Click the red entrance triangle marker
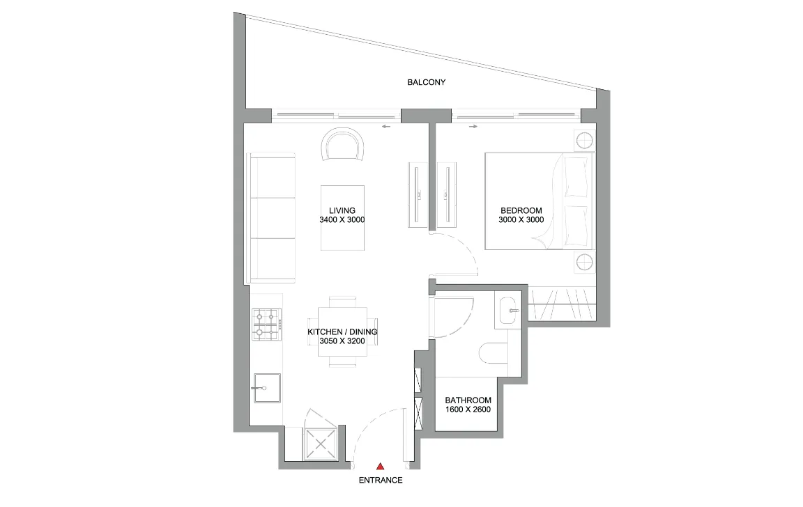[380, 466]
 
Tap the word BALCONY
[426, 82]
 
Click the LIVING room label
[342, 210]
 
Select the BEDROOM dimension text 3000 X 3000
[521, 220]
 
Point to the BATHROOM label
[468, 400]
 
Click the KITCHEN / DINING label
[342, 332]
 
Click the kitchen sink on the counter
[266, 387]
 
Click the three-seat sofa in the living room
[271, 219]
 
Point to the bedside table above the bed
[583, 141]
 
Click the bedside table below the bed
[583, 263]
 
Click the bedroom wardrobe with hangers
[563, 304]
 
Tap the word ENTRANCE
[380, 481]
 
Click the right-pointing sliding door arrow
[473, 127]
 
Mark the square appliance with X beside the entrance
[321, 443]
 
